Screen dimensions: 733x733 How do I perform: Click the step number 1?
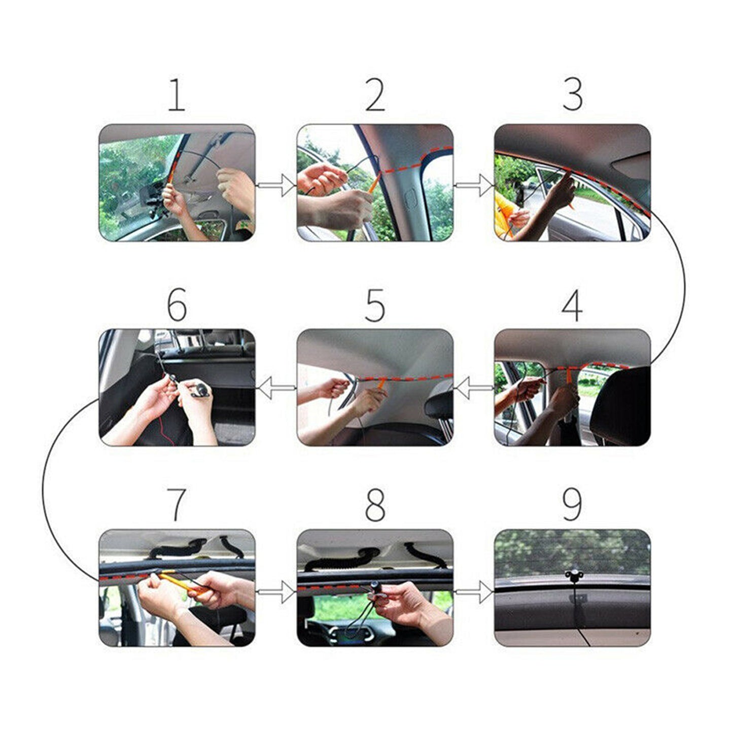[176, 95]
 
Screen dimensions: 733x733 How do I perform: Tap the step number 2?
[375, 95]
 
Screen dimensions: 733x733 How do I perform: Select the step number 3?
[573, 95]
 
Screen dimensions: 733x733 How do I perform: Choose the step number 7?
[176, 505]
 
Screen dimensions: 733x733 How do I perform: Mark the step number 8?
[375, 505]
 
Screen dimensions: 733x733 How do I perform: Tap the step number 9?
[572, 505]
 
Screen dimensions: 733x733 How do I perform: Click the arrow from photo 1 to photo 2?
[276, 185]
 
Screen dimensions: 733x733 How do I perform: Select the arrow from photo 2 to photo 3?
[474, 185]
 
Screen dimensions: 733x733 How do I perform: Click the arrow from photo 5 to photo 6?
[276, 388]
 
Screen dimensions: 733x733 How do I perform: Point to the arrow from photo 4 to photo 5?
[474, 388]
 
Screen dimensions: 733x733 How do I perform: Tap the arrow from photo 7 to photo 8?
[276, 591]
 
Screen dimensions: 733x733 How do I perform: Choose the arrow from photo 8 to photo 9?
[474, 591]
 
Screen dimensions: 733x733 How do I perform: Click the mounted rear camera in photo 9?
[573, 576]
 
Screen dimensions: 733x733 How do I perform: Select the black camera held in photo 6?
[200, 390]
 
